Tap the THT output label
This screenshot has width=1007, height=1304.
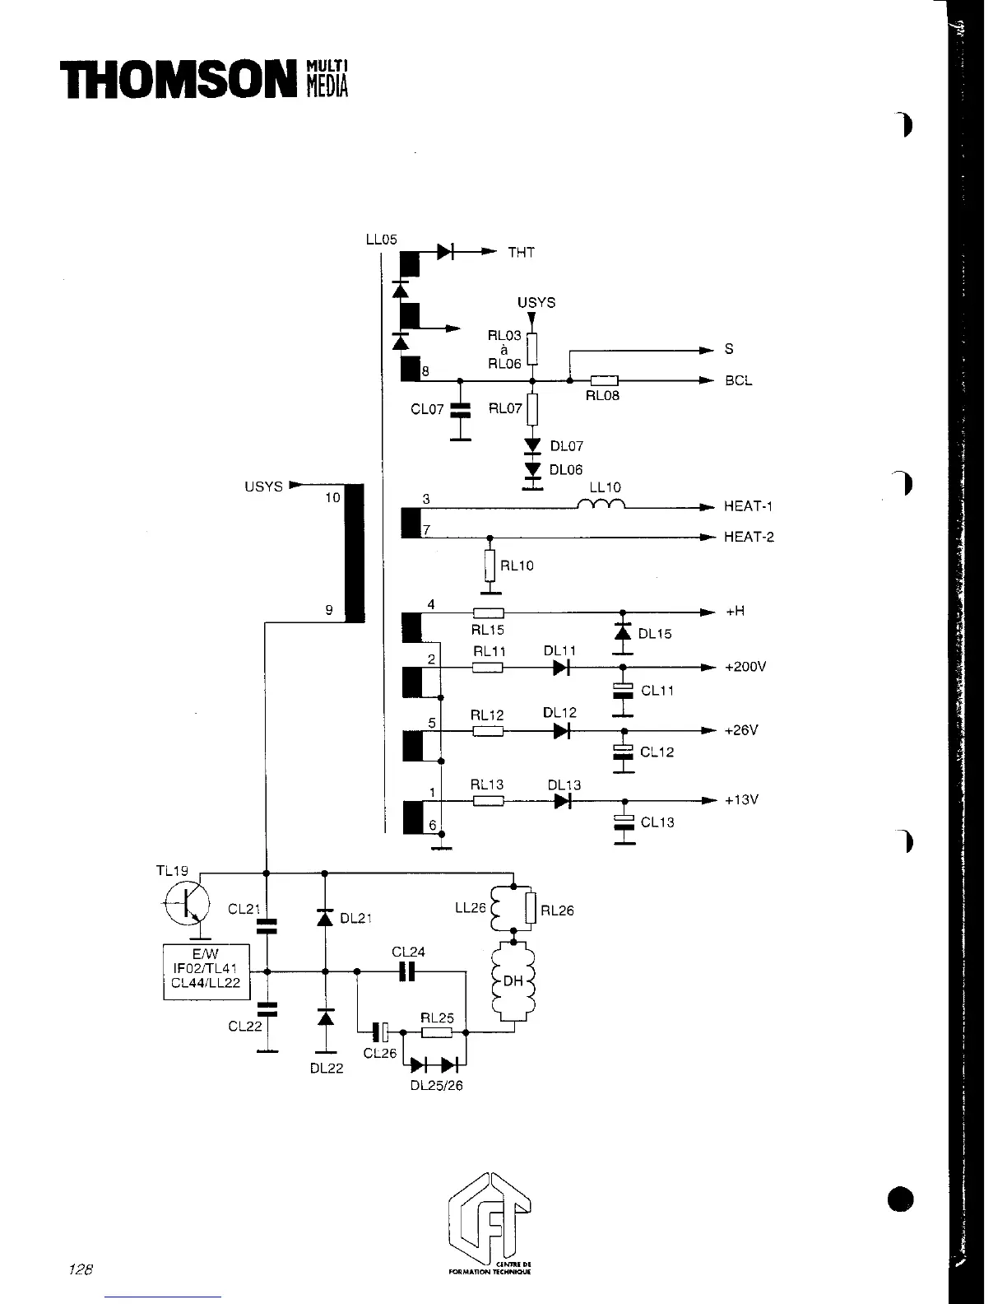[x=522, y=253]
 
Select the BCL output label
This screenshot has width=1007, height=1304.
[x=738, y=381]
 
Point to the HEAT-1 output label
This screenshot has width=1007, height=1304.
[x=749, y=507]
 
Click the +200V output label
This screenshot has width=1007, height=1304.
[x=745, y=667]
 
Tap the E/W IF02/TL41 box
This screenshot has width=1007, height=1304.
[x=206, y=971]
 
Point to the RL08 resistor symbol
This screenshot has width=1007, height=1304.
[x=604, y=380]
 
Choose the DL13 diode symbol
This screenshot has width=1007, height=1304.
[x=563, y=800]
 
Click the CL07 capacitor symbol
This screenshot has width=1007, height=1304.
[x=461, y=409]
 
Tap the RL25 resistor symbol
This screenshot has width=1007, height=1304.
[x=436, y=1032]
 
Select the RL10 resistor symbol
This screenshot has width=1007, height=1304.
[x=490, y=565]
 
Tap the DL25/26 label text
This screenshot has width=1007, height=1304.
[x=436, y=1086]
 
